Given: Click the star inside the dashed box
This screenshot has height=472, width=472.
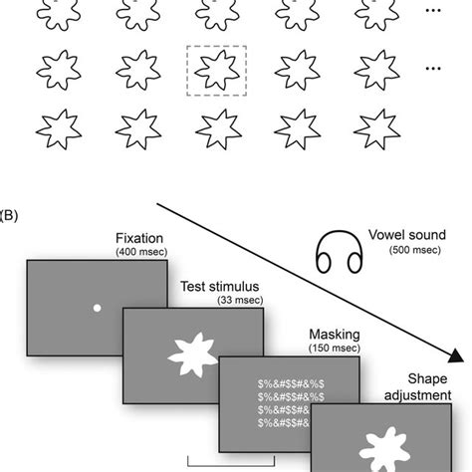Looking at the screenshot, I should [x=216, y=72].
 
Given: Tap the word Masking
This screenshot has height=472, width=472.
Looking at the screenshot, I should [x=314, y=335].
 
